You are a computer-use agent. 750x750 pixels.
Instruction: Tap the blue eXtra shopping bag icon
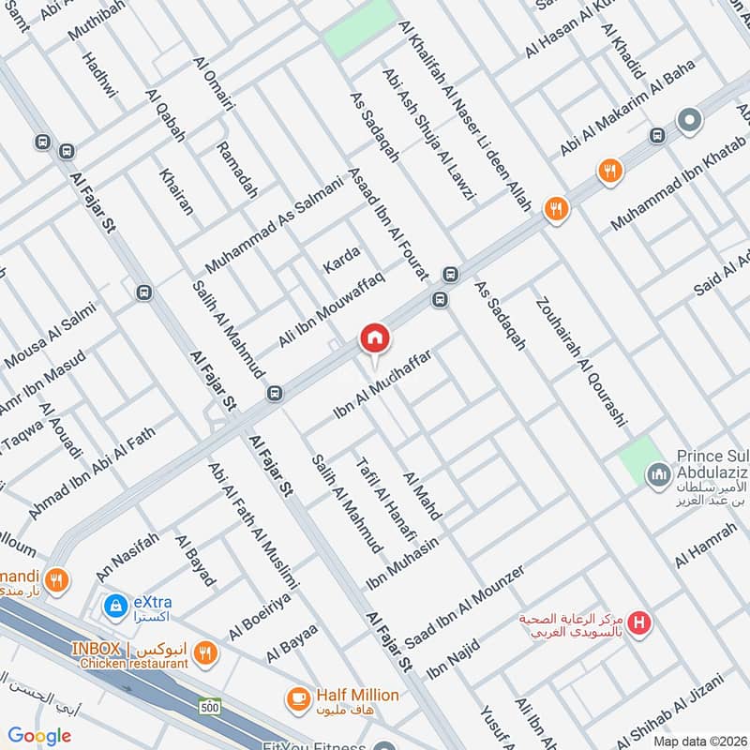click(114, 607)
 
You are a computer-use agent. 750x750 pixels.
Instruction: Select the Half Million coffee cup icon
click(298, 697)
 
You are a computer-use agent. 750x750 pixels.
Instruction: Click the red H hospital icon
click(640, 622)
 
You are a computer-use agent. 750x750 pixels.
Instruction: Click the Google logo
click(39, 736)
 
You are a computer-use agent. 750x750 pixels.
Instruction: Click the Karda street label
click(341, 257)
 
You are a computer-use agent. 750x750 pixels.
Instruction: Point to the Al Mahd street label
click(421, 496)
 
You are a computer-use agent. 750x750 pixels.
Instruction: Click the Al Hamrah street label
click(701, 545)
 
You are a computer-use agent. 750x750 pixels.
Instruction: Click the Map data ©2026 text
click(698, 741)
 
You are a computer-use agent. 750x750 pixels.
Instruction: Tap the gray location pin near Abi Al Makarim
click(689, 121)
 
